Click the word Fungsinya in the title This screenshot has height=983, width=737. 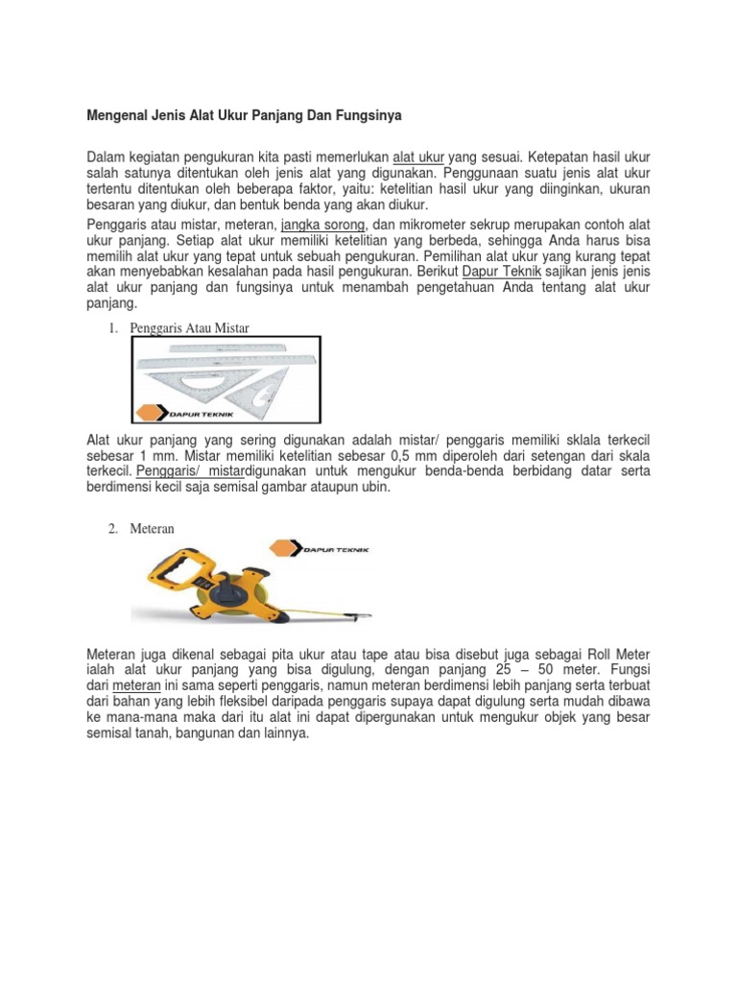click(x=366, y=115)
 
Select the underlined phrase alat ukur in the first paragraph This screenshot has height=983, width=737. click(x=420, y=156)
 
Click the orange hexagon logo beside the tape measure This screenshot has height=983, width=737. click(x=286, y=549)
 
